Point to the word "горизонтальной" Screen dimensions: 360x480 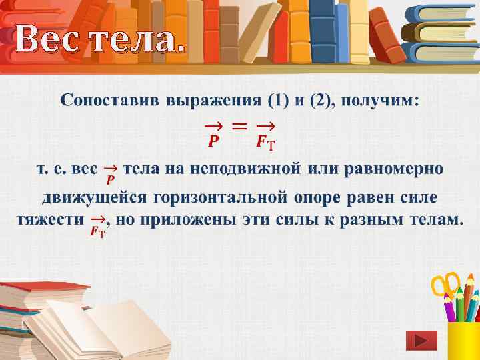tap(220, 197)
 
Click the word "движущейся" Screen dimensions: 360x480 tap(93, 197)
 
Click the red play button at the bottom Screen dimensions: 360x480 tap(421, 341)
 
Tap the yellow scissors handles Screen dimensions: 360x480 tap(444, 283)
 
